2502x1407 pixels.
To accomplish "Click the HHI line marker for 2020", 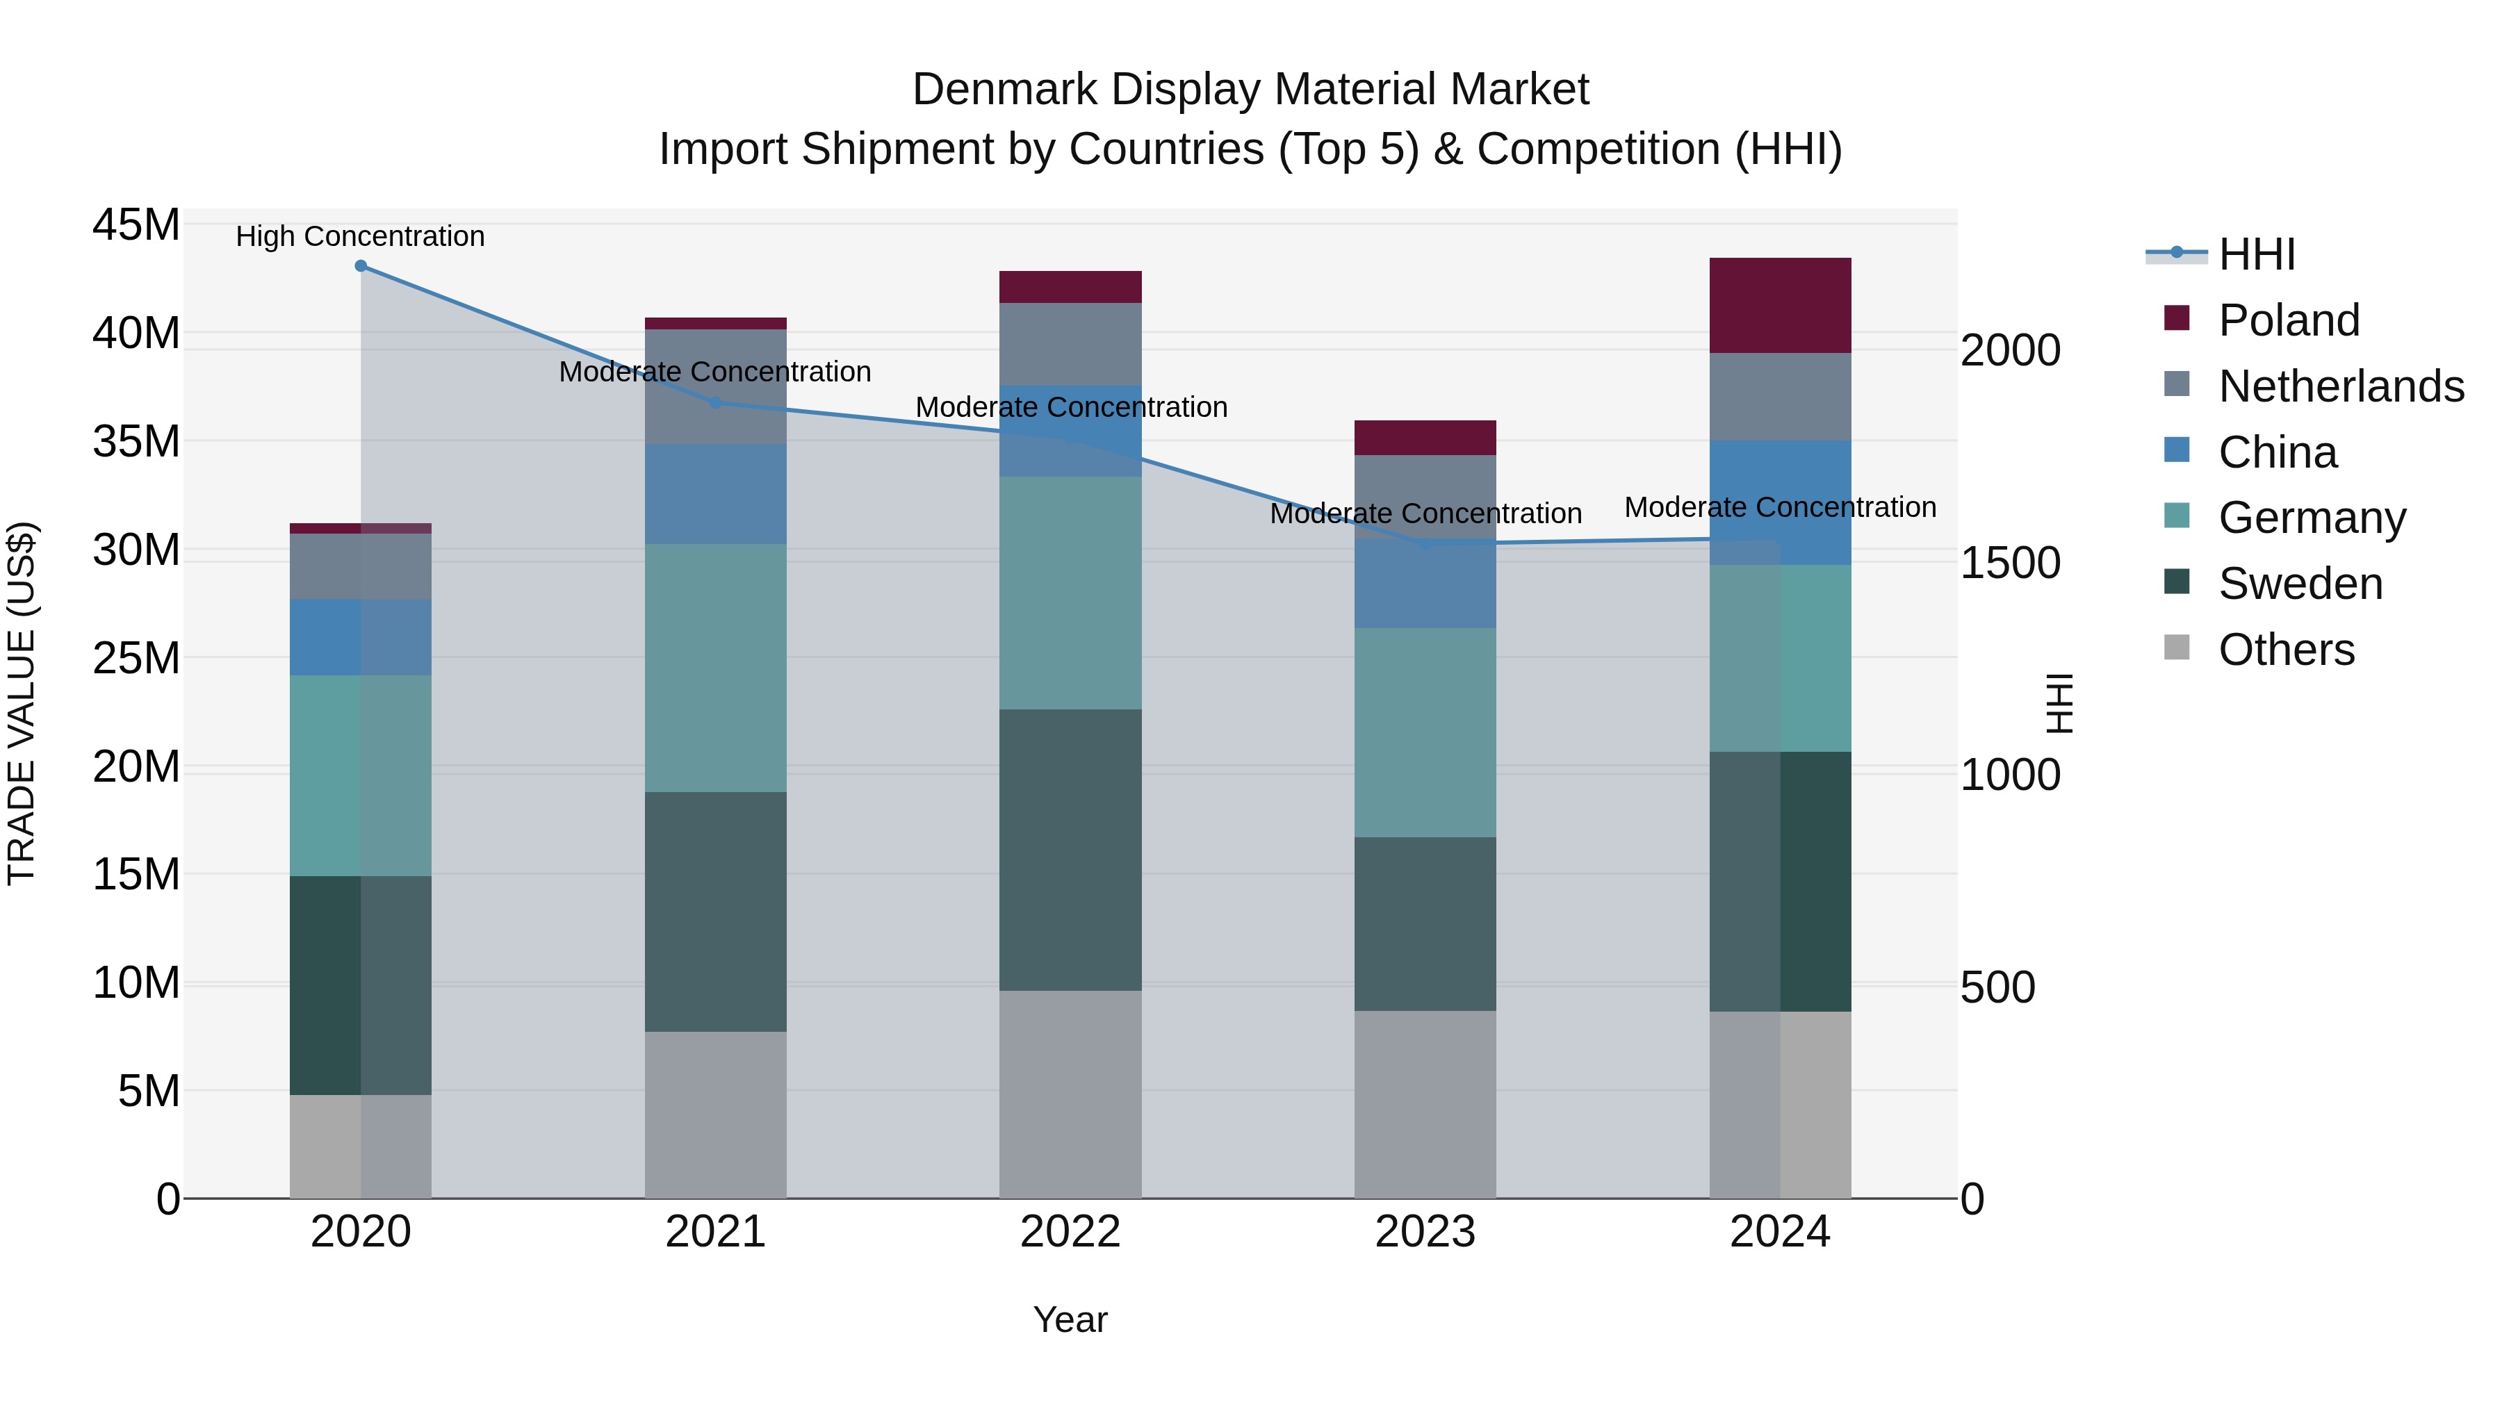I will click(360, 266).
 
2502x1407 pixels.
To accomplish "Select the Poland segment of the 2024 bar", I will click(1779, 306).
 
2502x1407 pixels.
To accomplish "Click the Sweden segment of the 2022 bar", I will click(1070, 850).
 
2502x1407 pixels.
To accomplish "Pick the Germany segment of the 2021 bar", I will click(715, 668).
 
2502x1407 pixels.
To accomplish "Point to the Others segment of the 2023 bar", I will click(1425, 1104).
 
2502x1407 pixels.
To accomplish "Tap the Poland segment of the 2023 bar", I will click(1425, 438).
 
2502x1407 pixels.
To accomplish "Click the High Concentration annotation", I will click(360, 237).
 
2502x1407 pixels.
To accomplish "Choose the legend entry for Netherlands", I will click(2341, 386).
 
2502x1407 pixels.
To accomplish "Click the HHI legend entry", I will click(2256, 254).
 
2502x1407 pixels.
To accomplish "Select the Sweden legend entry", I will click(2300, 584).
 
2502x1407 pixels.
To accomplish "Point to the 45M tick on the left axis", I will click(136, 225).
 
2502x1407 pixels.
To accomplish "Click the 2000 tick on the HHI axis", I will click(2009, 351).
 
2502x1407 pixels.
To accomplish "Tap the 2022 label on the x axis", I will click(1070, 1232).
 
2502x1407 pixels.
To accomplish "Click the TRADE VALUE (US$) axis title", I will click(22, 703).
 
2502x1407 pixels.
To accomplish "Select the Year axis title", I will click(1070, 1319).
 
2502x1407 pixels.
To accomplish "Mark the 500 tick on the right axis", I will click(1997, 987).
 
